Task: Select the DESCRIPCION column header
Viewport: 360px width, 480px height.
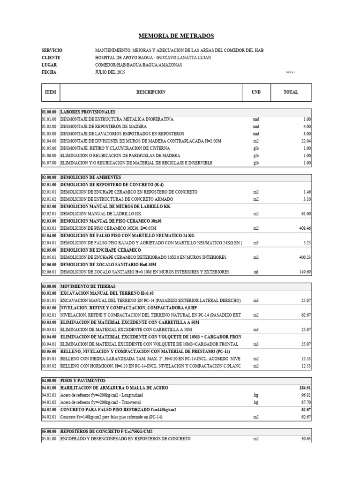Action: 151,92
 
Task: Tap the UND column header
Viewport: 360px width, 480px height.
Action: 256,92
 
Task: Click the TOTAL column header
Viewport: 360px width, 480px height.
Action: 291,92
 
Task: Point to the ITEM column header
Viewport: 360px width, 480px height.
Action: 50,92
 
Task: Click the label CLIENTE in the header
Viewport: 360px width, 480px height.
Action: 51,58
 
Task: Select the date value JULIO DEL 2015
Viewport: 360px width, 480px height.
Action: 110,73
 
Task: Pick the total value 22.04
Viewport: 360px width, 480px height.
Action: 305,141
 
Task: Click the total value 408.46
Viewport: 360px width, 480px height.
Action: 305,228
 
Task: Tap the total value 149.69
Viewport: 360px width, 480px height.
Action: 305,272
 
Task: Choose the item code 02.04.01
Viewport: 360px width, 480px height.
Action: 49,243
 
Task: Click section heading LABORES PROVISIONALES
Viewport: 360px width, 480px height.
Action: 88,112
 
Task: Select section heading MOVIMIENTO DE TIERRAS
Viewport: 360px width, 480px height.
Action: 88,286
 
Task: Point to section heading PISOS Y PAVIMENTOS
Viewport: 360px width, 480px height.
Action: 83,380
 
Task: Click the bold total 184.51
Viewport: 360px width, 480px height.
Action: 305,388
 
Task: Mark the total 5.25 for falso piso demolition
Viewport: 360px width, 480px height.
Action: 306,243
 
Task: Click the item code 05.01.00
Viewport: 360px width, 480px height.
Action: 49,438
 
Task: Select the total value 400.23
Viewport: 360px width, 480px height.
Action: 305,257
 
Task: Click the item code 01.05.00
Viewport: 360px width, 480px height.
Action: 49,148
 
